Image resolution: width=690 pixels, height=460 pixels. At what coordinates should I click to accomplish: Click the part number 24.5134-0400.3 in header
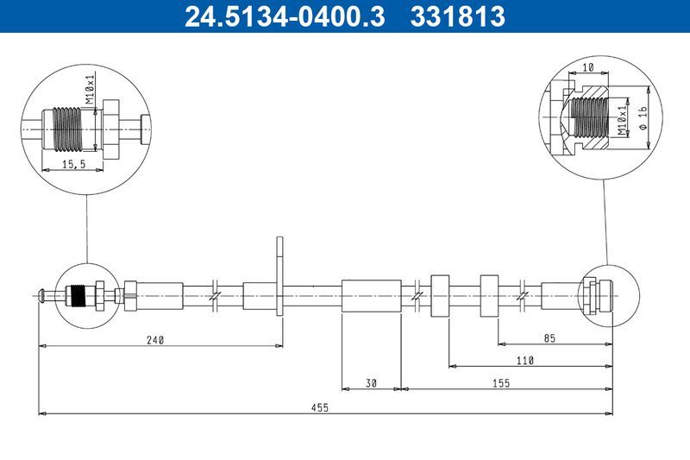[x=285, y=16]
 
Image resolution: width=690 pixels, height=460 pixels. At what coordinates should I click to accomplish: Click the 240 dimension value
[x=154, y=339]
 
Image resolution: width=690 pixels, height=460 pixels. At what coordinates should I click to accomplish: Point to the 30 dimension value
[x=371, y=382]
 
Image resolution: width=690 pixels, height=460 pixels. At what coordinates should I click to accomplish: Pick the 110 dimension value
[x=525, y=361]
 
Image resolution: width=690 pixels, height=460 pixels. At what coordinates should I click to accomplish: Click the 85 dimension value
[x=549, y=339]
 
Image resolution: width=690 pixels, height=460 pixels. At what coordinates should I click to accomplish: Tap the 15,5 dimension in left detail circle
[x=72, y=162]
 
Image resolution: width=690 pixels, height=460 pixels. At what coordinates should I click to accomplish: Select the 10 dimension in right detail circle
[x=587, y=66]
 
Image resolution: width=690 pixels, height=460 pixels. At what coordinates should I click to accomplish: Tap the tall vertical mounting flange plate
[x=279, y=275]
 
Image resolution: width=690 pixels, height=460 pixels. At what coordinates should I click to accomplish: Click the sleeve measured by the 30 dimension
[x=371, y=296]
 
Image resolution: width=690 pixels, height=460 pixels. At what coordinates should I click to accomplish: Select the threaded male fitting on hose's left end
[x=80, y=296]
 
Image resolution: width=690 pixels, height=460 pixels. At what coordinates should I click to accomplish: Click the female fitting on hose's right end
[x=597, y=296]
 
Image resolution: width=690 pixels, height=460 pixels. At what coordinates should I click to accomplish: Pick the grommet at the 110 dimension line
[x=440, y=296]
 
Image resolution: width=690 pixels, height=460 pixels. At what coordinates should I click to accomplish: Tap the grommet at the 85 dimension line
[x=489, y=296]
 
